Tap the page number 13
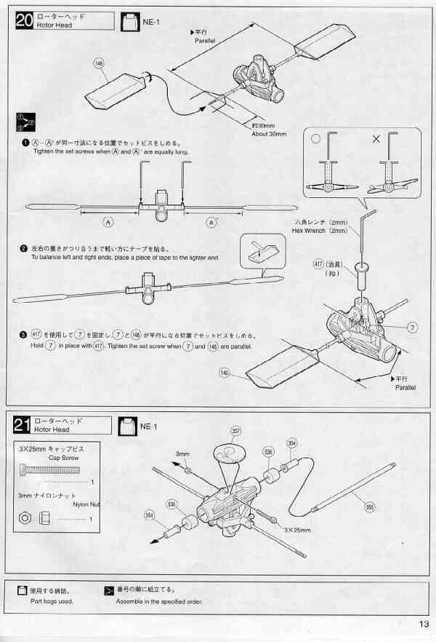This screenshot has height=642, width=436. pos(424,623)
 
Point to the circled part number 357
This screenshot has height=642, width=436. pos(235,431)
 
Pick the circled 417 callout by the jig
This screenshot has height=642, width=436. pos(318,263)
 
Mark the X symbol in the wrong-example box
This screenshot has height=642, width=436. pos(376,138)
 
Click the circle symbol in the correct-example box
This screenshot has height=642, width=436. pos(315,138)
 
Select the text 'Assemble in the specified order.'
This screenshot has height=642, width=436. pos(159,601)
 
